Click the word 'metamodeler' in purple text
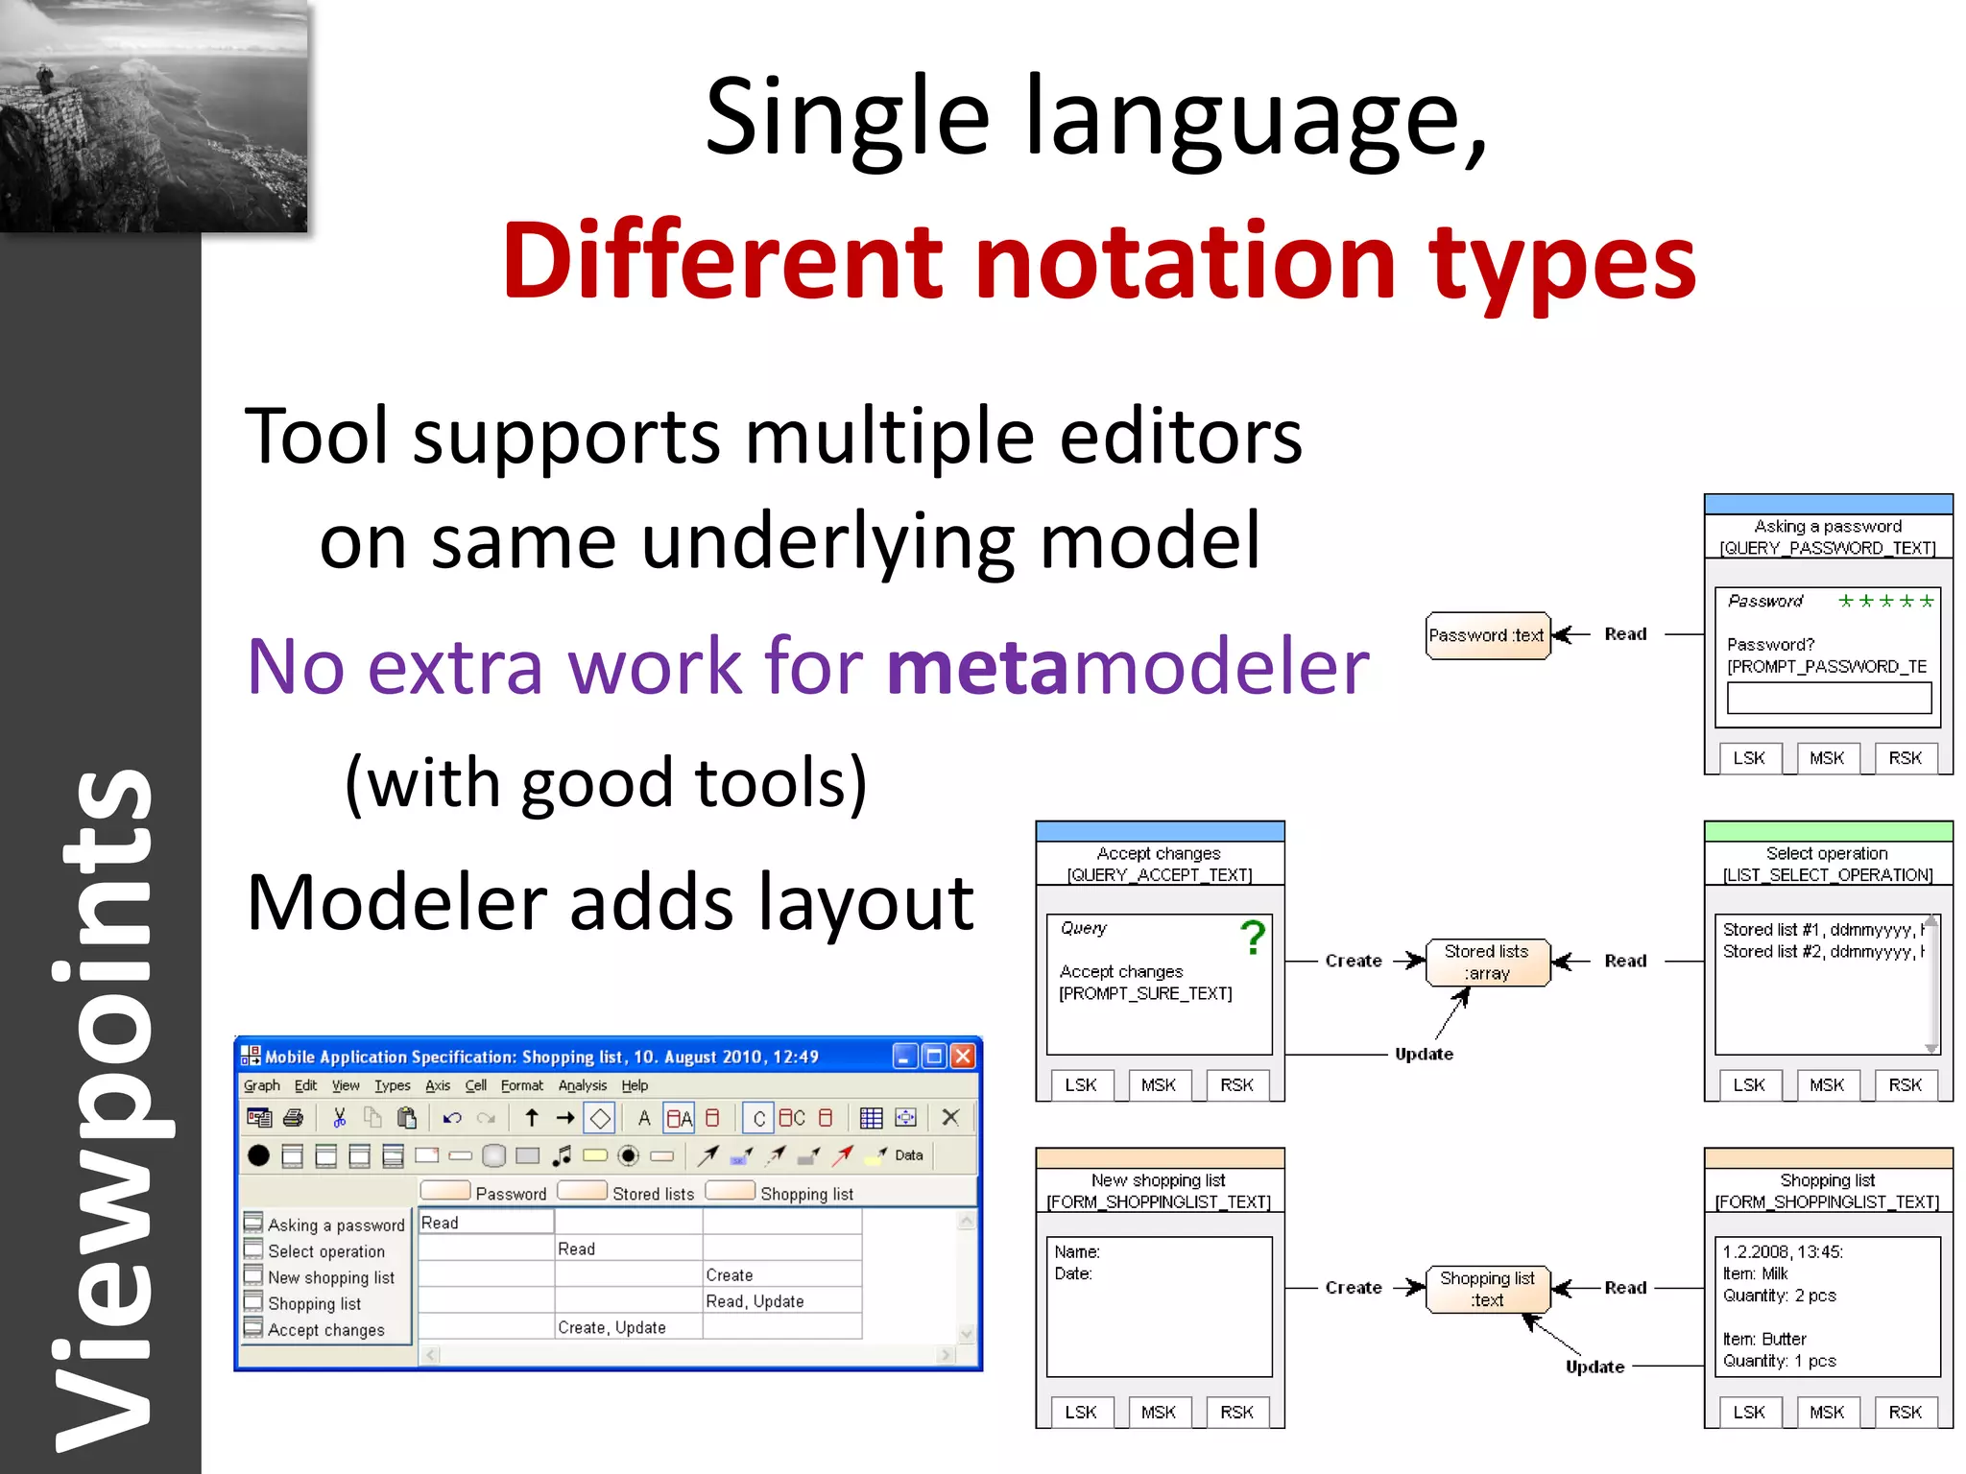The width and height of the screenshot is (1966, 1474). [1127, 666]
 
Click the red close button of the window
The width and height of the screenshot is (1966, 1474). [963, 1057]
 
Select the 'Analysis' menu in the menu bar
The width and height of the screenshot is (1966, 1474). [582, 1085]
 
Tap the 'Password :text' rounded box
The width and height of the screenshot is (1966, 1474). [1486, 635]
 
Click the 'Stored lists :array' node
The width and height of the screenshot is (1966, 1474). [1486, 962]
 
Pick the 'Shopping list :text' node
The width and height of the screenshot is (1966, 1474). [1486, 1289]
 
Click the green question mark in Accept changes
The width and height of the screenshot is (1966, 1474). [1252, 938]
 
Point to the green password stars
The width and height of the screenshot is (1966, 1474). [1884, 602]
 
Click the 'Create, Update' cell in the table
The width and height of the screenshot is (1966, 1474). [611, 1327]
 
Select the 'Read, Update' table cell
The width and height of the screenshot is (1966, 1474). [755, 1301]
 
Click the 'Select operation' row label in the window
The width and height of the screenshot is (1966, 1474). [325, 1251]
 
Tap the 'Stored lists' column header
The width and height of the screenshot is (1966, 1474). [653, 1194]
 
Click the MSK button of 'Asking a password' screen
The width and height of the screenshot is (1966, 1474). [1826, 758]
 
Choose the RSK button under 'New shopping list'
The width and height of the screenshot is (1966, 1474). [1236, 1413]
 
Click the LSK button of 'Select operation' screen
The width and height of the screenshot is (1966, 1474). [1748, 1085]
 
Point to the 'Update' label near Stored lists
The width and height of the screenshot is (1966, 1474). [1424, 1054]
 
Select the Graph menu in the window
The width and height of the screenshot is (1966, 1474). [261, 1085]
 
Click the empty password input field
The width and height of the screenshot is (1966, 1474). [1828, 698]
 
